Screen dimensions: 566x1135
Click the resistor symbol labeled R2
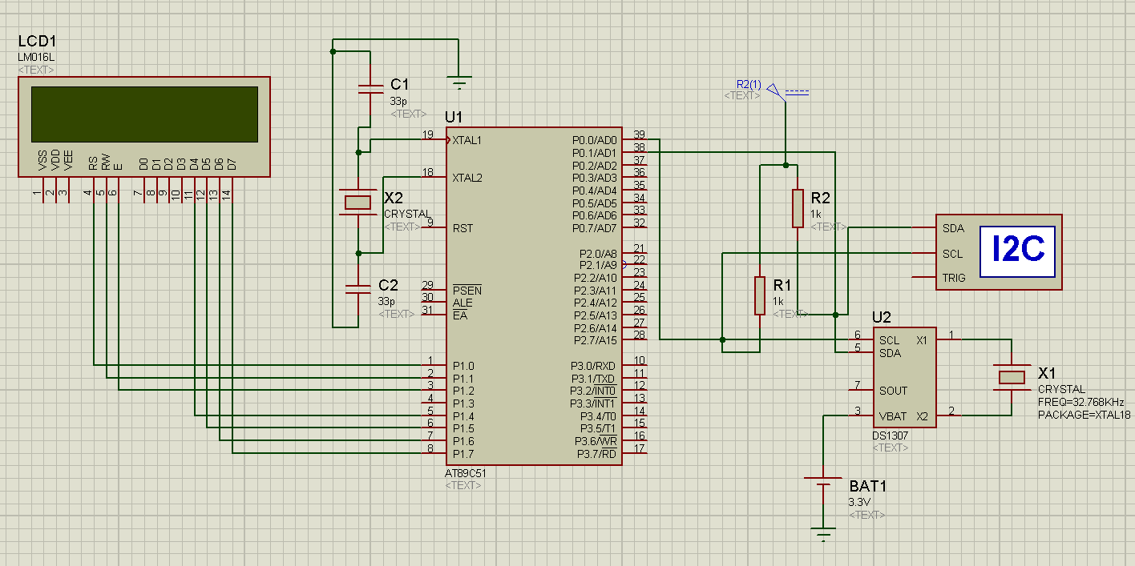(x=798, y=208)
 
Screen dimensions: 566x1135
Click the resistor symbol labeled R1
(x=759, y=295)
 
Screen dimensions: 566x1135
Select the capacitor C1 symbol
(x=370, y=88)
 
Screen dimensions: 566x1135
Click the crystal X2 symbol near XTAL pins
(x=357, y=203)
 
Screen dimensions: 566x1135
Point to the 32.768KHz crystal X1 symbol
(x=1012, y=377)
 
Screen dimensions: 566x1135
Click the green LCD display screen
(x=144, y=114)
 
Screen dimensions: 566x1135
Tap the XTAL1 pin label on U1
(x=467, y=140)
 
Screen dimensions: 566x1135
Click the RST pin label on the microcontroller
(x=462, y=228)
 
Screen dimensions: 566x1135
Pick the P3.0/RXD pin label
(x=593, y=366)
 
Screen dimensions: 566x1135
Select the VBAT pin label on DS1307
(x=892, y=416)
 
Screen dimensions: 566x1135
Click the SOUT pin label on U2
(x=893, y=391)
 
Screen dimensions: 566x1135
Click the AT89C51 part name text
(x=466, y=473)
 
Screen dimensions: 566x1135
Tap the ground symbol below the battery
(x=822, y=531)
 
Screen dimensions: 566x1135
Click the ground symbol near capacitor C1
(x=459, y=81)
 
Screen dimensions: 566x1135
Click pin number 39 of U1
(x=639, y=134)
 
